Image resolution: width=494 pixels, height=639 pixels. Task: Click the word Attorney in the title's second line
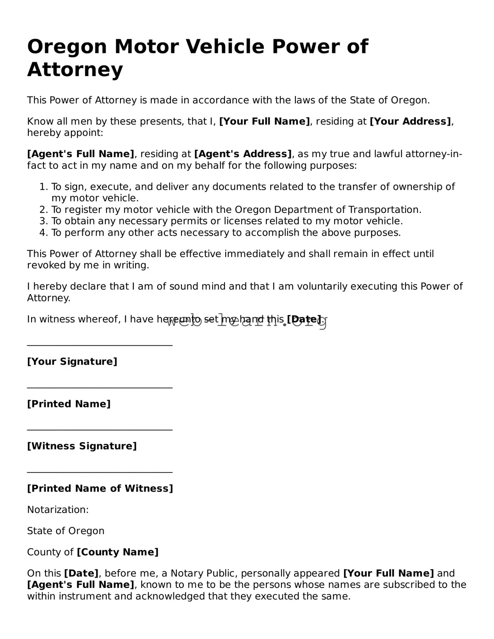click(75, 70)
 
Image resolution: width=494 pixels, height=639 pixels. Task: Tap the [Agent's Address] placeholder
click(243, 154)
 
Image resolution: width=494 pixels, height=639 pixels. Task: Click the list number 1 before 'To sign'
click(43, 187)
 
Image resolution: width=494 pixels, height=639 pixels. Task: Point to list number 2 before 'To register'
click(43, 210)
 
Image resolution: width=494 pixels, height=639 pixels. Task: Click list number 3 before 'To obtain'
click(43, 221)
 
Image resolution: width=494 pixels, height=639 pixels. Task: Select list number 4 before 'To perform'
click(43, 233)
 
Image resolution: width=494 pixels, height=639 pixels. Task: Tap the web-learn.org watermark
click(246, 321)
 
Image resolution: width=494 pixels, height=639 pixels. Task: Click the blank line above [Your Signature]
click(100, 345)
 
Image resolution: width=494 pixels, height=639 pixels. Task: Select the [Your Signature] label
click(72, 362)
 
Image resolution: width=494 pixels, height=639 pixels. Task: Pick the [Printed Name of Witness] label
click(100, 488)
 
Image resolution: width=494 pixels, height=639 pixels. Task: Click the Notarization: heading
click(58, 509)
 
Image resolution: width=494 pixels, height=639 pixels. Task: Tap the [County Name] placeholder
click(118, 552)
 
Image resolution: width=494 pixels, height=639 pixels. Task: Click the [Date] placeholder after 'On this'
click(81, 573)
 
